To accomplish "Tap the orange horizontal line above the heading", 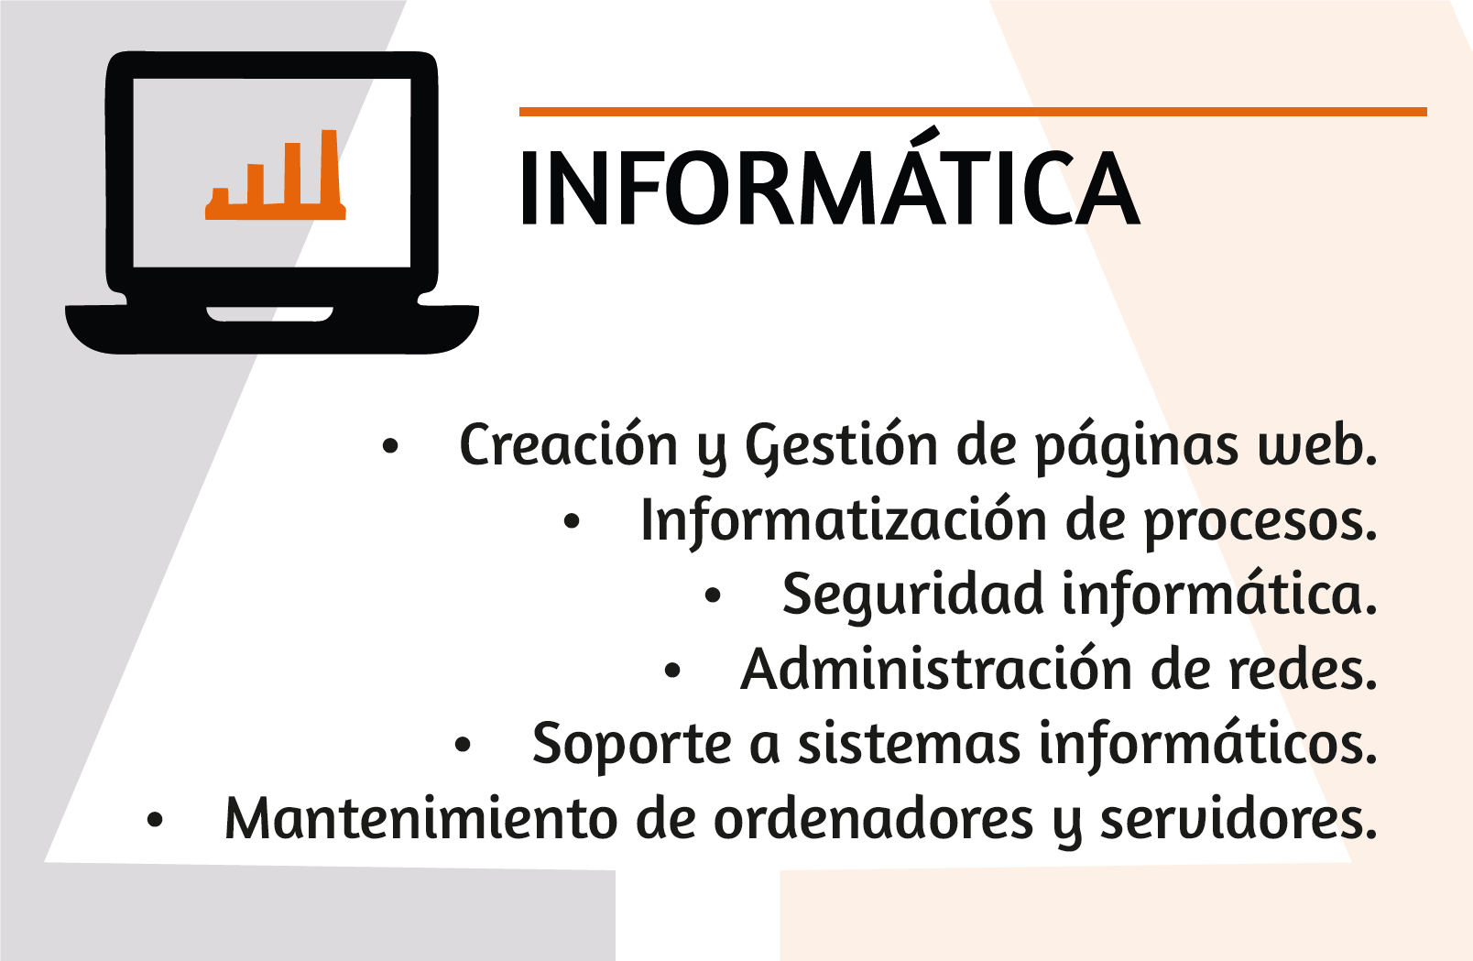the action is [973, 112].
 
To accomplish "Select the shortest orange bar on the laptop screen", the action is [220, 197].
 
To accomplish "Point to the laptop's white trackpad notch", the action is [269, 314].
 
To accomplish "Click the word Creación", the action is [568, 444].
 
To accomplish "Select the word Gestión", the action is [842, 446].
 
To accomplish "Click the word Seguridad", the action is [912, 596].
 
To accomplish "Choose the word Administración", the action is [936, 668].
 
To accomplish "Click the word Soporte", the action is [631, 746].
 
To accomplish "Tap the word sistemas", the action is [910, 745].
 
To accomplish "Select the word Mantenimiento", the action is [420, 820].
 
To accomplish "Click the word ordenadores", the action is [873, 820].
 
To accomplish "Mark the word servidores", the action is [1238, 820].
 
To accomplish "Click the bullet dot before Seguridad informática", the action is [713, 595].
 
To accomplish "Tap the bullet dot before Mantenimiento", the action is [155, 820].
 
